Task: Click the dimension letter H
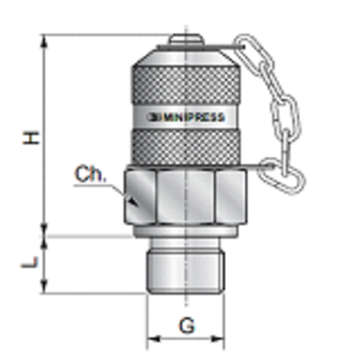tap(33, 137)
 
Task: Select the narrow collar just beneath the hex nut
tap(185, 232)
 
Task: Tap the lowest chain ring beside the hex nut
tap(271, 166)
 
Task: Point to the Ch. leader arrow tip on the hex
tap(136, 204)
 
